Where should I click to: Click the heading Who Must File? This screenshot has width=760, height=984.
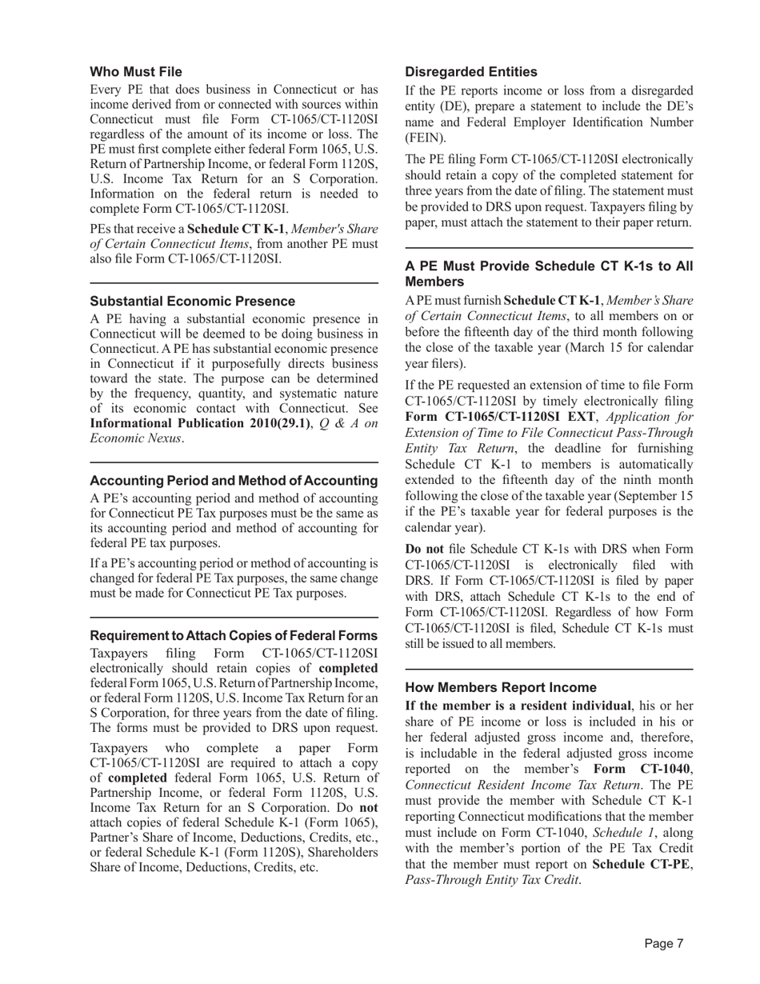[135, 72]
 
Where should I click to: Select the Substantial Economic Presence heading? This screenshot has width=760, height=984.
[192, 301]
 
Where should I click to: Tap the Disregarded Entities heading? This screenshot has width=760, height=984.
[471, 72]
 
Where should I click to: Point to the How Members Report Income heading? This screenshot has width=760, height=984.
[501, 687]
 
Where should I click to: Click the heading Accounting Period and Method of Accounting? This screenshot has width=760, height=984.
[234, 481]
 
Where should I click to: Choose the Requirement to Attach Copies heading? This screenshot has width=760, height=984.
[234, 636]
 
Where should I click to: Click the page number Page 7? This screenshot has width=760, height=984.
[664, 944]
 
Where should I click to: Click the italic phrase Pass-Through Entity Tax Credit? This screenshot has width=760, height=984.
[492, 881]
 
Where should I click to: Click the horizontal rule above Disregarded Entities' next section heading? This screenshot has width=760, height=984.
[549, 248]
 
